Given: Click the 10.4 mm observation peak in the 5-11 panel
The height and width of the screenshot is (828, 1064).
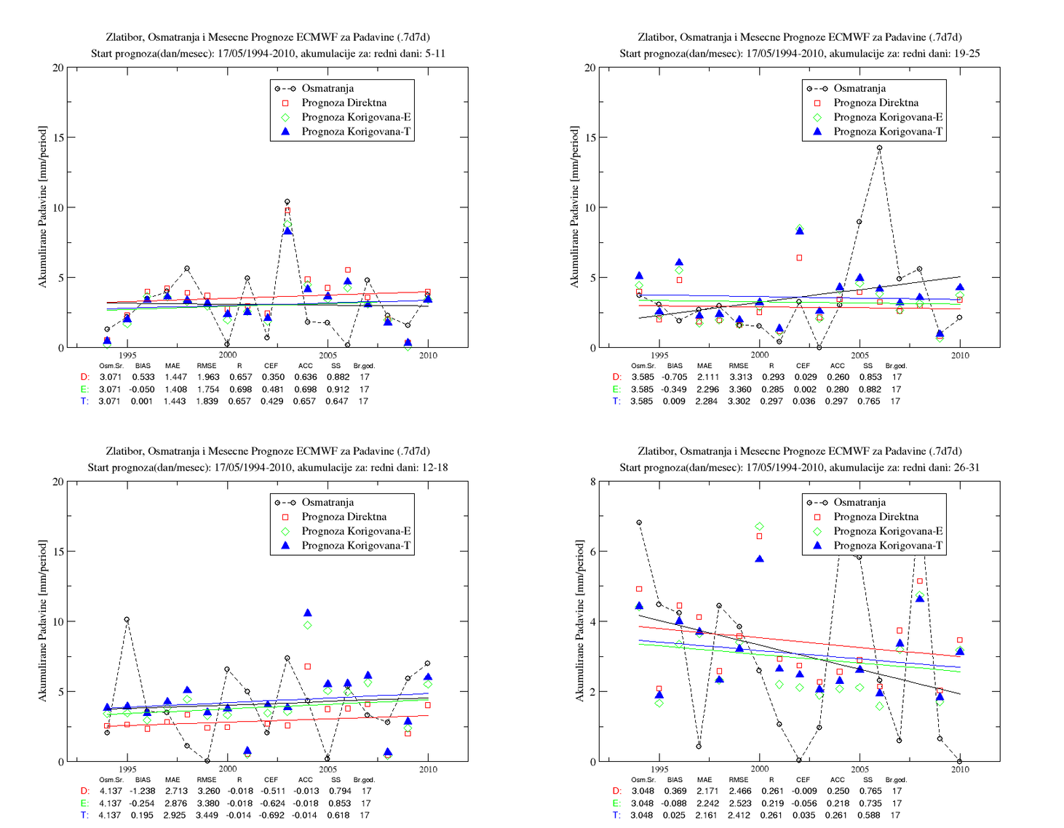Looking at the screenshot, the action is click(287, 202).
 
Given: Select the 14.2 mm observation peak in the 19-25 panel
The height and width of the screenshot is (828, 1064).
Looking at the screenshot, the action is click(879, 148).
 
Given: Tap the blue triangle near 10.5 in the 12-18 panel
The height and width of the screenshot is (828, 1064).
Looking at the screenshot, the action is click(308, 613).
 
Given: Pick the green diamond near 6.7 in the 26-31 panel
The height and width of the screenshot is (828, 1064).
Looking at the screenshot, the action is click(760, 526).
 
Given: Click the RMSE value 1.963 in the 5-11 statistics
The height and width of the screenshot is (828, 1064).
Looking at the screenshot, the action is click(208, 377).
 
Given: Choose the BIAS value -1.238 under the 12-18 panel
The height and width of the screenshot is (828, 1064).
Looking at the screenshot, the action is click(142, 791).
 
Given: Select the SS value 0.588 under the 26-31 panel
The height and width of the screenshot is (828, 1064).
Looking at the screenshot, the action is click(869, 815).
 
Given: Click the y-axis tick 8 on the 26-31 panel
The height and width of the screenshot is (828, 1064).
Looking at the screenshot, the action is click(593, 482).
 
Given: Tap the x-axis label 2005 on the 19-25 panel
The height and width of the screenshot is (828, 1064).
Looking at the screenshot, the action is click(859, 355).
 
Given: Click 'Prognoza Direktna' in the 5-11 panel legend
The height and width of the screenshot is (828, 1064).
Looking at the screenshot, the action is click(344, 103).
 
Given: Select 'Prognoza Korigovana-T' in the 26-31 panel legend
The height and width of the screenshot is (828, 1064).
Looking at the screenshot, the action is click(888, 545).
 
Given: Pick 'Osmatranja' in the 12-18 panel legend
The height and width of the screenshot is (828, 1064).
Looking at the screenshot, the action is click(327, 502).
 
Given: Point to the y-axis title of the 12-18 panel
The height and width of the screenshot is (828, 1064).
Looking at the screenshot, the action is click(43, 621).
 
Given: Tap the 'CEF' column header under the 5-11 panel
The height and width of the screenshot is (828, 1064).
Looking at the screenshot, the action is click(271, 365).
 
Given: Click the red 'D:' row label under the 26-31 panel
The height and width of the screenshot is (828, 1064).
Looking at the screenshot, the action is click(616, 791).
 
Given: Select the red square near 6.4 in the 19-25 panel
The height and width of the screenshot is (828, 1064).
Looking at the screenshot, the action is click(799, 258).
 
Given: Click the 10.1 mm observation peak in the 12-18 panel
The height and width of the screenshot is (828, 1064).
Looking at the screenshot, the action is click(127, 619).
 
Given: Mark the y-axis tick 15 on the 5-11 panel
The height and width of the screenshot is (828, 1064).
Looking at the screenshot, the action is click(58, 138).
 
